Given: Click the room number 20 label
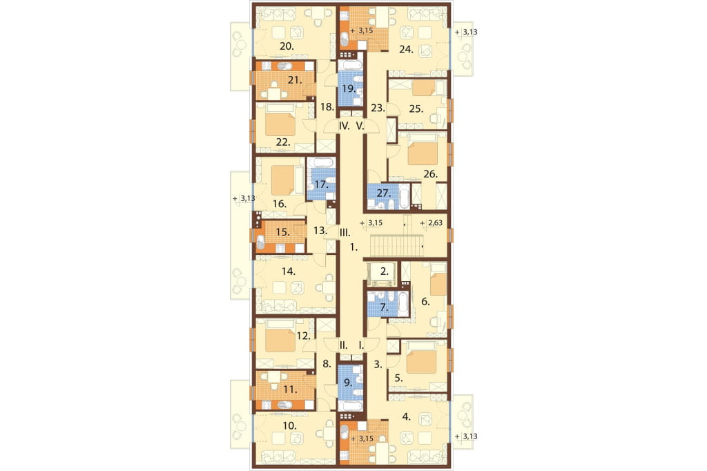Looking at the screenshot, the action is (x=287, y=46).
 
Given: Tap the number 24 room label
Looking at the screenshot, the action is (x=406, y=50).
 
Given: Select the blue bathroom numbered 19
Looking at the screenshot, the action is (x=350, y=88).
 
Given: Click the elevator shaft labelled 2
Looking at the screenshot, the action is (x=382, y=273).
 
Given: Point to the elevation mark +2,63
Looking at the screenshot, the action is (x=431, y=223).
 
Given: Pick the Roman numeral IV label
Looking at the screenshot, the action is (x=344, y=126).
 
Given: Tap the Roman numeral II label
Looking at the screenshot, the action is (x=344, y=345).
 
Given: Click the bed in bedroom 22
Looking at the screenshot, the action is (x=280, y=123).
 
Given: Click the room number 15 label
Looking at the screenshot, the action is (x=282, y=232).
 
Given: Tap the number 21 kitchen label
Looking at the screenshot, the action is (x=294, y=80).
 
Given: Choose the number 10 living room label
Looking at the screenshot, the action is (x=289, y=425).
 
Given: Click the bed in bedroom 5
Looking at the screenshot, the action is (x=421, y=358).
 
